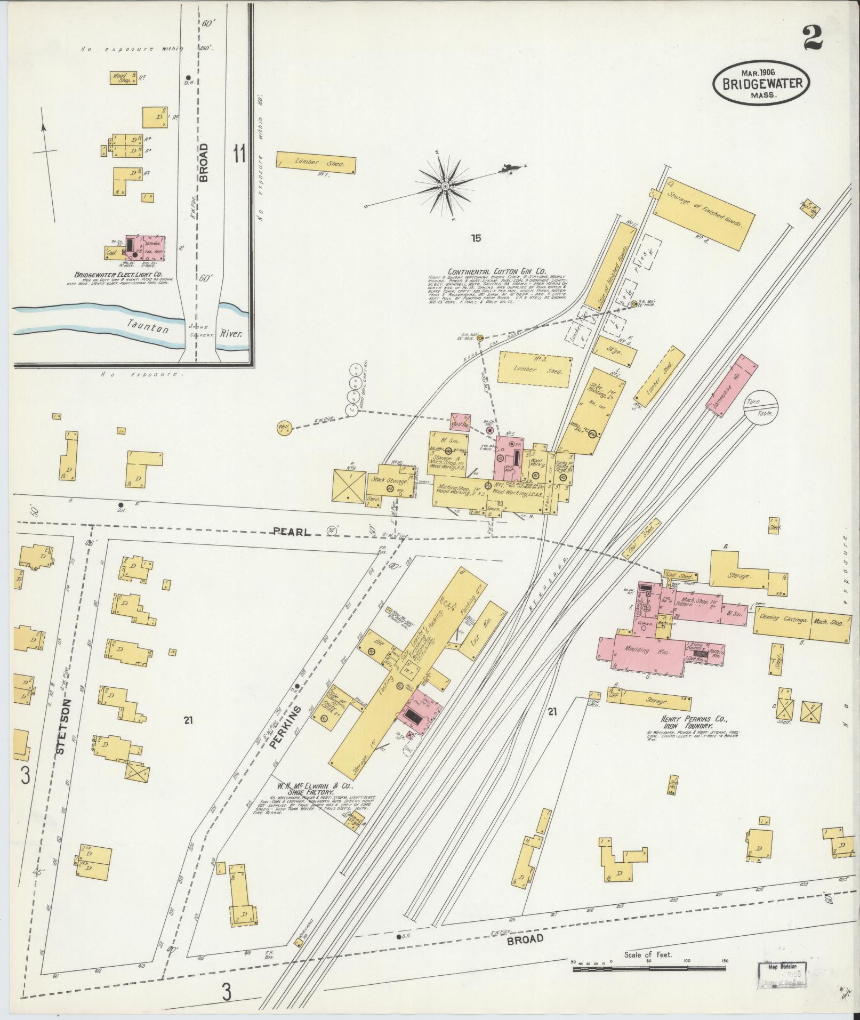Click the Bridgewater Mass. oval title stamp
(x=761, y=84)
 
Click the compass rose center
(x=444, y=186)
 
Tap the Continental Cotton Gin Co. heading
(x=493, y=270)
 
